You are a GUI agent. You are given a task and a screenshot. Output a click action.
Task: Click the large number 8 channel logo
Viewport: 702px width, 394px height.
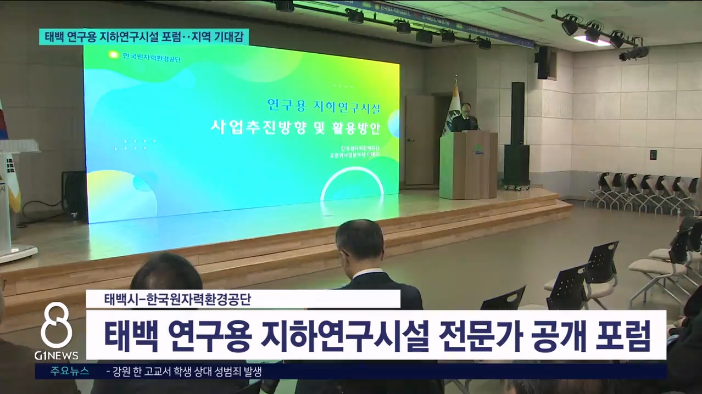[x=56, y=327]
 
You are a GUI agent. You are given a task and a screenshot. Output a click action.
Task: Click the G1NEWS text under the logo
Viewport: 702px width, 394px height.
[x=56, y=356]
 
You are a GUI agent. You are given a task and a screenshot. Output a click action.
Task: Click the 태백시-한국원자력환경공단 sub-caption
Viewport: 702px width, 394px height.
[x=177, y=300]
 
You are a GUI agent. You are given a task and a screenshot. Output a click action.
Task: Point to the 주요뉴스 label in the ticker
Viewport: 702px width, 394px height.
[x=70, y=371]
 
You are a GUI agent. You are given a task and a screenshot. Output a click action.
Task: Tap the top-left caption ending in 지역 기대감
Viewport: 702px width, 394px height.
[x=144, y=37]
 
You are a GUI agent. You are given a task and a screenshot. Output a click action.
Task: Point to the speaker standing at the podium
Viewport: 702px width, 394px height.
[x=465, y=117]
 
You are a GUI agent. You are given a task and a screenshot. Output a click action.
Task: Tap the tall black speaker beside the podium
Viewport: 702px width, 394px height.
[x=517, y=137]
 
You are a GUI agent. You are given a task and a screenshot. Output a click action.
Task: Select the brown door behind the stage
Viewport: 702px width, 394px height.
[x=419, y=140]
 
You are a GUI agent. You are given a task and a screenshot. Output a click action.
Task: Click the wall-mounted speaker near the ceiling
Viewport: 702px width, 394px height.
[x=544, y=62]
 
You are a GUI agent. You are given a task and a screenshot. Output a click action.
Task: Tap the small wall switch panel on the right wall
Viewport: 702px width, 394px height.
[x=654, y=154]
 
